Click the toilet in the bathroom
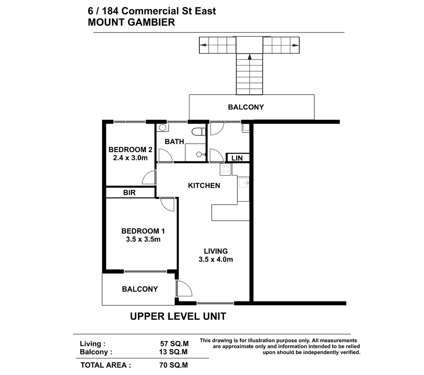click(198, 132)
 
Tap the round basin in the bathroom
click(162, 127)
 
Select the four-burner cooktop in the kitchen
click(225, 169)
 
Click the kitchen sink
click(243, 183)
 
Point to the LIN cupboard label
click(237, 158)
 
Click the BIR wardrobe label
click(129, 192)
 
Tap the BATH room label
click(174, 142)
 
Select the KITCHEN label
click(204, 185)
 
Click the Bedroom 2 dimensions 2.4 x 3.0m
click(130, 158)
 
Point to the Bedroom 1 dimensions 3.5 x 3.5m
click(143, 239)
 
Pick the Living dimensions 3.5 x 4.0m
click(216, 259)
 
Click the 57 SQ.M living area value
click(174, 343)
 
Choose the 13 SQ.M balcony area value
click(173, 352)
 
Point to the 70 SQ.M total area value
click(173, 365)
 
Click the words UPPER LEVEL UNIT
click(178, 316)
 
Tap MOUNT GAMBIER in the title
click(131, 22)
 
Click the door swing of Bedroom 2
click(149, 177)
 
